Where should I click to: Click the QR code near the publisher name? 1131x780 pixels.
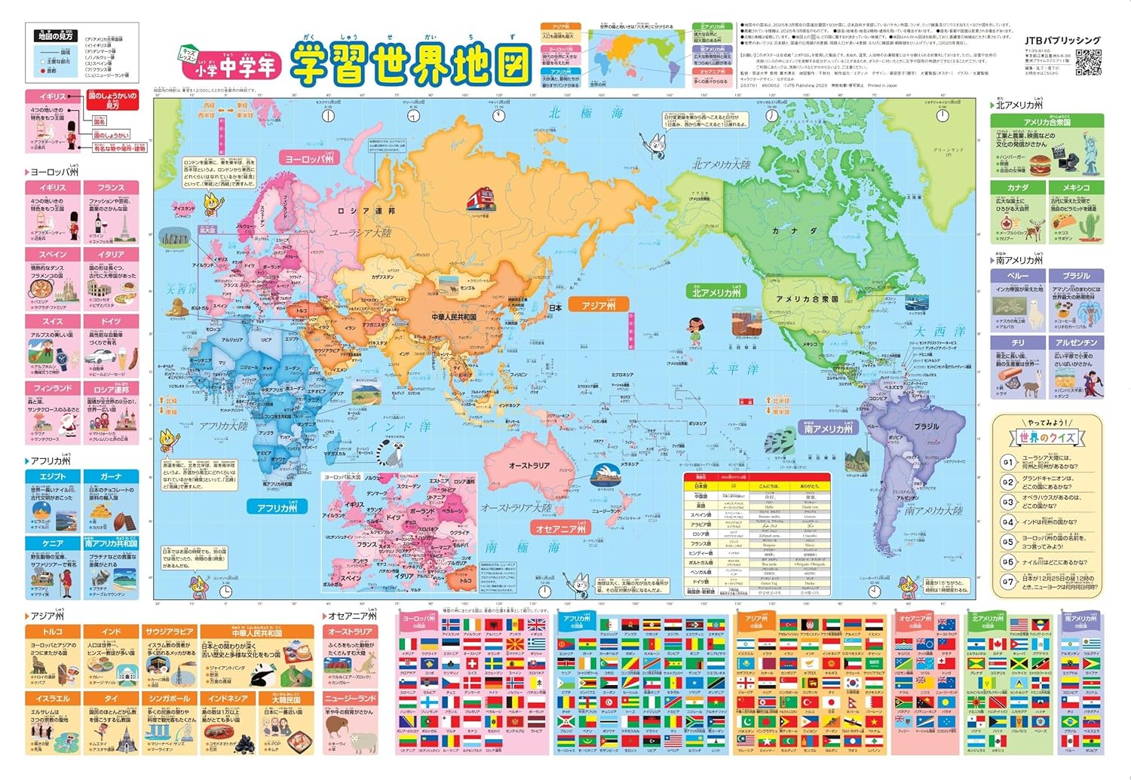[x=1088, y=63]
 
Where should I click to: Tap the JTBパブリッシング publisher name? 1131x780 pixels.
[x=1062, y=41]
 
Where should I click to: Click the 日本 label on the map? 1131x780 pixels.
[x=556, y=307]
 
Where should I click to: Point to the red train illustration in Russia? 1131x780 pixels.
[x=480, y=199]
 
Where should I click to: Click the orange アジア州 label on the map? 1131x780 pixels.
[x=599, y=305]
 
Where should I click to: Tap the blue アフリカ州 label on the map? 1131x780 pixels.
[x=277, y=508]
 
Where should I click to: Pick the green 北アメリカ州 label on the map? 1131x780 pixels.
[x=716, y=292]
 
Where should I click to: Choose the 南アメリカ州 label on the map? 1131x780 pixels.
[x=829, y=429]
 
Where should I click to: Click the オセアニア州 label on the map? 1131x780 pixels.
[x=561, y=529]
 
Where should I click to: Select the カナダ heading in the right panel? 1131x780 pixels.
[x=1018, y=187]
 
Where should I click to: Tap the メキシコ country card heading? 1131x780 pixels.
[x=1076, y=187]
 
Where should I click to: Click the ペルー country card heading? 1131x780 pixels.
[x=1018, y=276]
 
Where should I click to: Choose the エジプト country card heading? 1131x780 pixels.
[x=53, y=476]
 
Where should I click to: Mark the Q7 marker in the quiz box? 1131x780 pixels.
[x=1008, y=582]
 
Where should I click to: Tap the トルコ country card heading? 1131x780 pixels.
[x=53, y=632]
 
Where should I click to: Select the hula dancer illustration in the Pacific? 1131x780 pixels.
[x=694, y=328]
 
